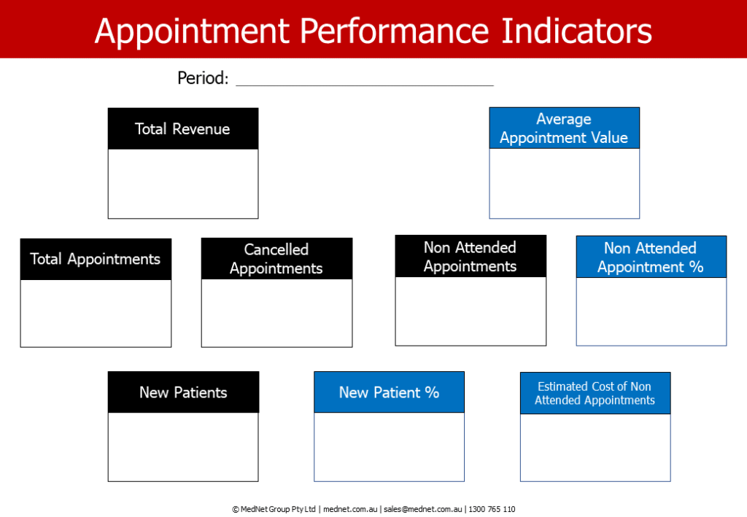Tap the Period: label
[203, 77]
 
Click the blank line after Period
[365, 86]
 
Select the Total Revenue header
[183, 128]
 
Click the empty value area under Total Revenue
[183, 184]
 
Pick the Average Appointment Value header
[564, 128]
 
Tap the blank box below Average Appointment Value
[564, 183]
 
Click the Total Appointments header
[96, 259]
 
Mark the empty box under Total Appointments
[96, 314]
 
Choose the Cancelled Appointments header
[276, 258]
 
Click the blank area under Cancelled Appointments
[276, 313]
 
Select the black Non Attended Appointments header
[471, 256]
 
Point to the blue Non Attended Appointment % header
[651, 257]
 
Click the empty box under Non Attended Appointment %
[651, 311]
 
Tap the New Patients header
[183, 392]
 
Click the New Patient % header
[389, 392]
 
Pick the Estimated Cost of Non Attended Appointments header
[595, 393]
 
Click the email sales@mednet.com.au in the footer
[423, 509]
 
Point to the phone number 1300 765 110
[492, 509]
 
